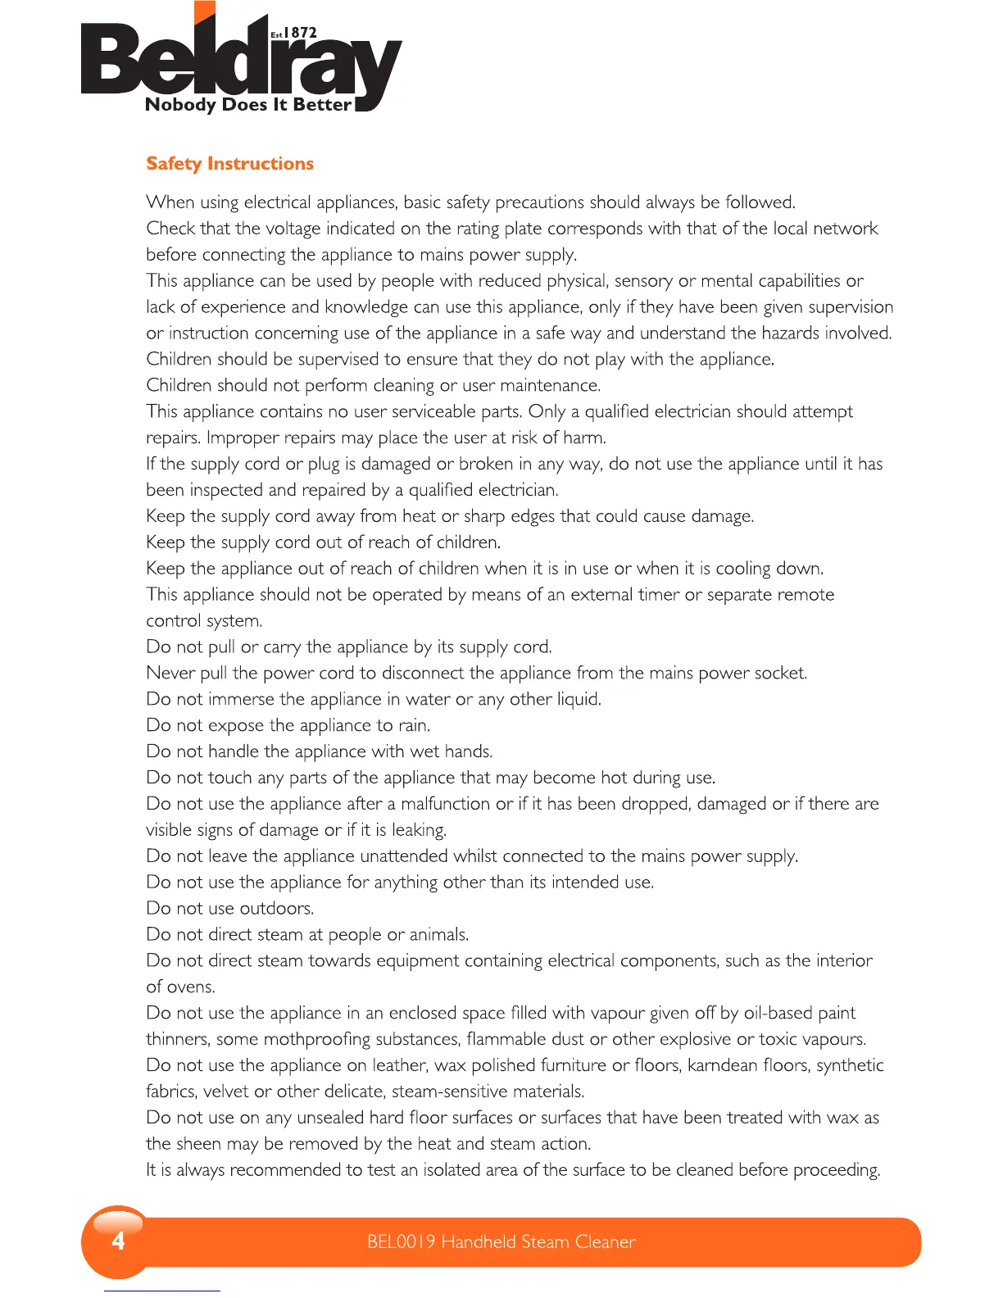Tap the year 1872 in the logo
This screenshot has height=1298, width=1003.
[300, 33]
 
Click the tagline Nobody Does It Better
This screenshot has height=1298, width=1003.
[247, 105]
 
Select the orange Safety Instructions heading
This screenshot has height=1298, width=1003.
[229, 164]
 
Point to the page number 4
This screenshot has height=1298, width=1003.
[118, 1241]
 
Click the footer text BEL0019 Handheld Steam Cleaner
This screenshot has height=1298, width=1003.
[501, 1241]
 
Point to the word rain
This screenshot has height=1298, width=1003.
[414, 725]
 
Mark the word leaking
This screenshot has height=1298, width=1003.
[419, 830]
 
